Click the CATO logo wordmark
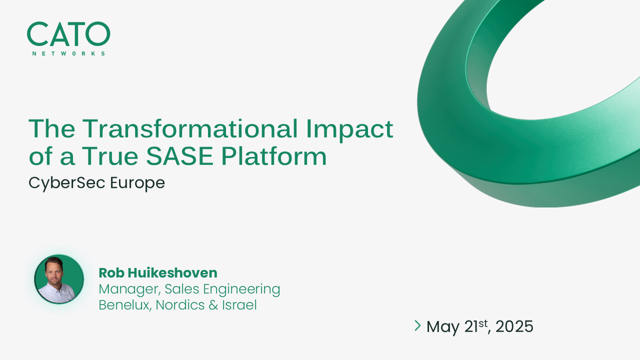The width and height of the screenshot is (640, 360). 68,34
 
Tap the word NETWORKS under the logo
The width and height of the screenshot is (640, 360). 68,53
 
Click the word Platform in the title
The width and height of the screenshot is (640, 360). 274,156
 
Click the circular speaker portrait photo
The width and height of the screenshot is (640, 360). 59,279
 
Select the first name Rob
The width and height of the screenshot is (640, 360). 111,273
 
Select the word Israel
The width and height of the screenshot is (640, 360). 241,305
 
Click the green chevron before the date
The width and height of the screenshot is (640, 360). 417,326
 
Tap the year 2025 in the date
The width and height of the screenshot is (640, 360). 514,326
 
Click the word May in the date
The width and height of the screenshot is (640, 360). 443,327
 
